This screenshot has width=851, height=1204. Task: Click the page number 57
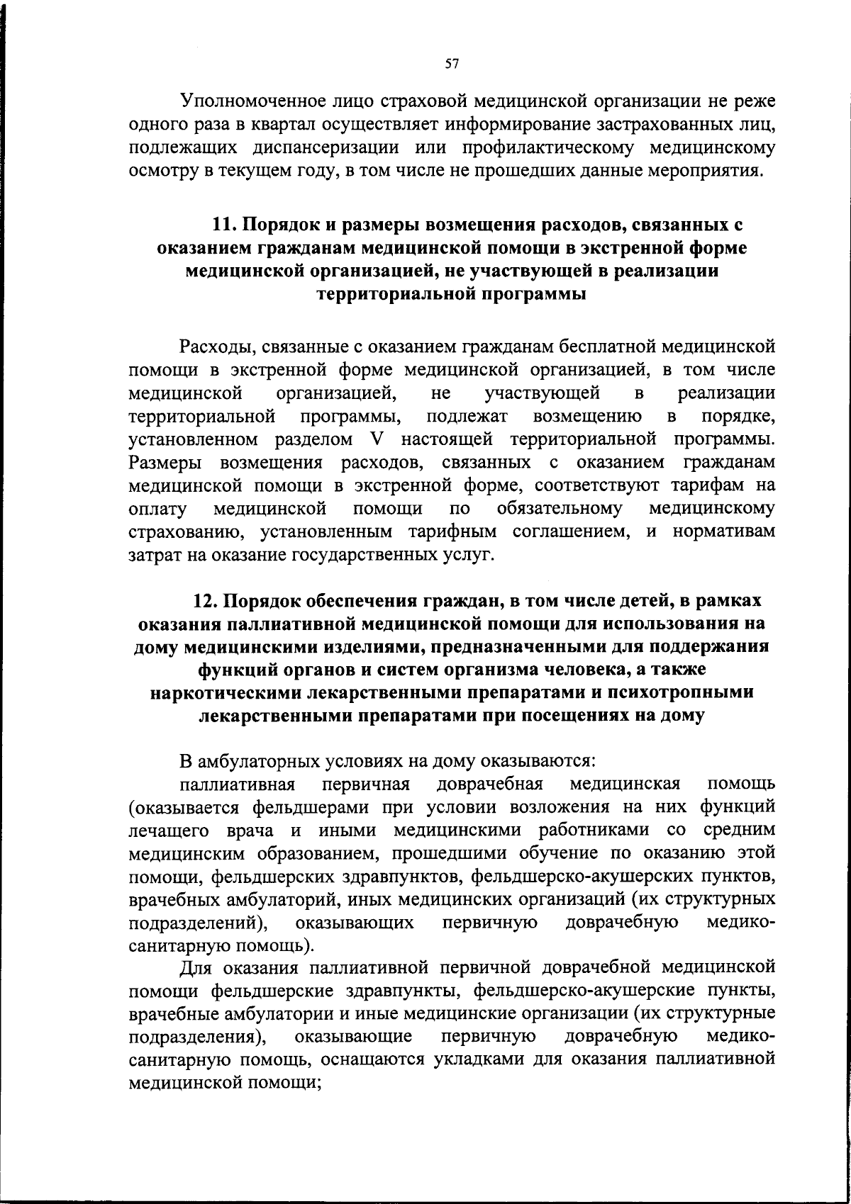(452, 64)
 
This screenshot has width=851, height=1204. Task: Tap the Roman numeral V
(377, 439)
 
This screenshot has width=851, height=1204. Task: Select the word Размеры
(165, 462)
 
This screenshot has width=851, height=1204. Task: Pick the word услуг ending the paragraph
(469, 553)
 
